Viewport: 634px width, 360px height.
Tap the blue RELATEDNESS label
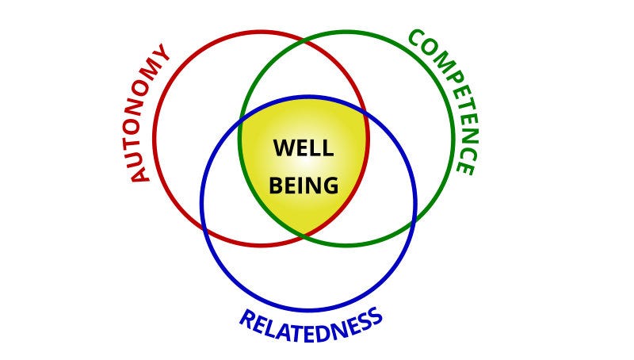pyautogui.click(x=311, y=322)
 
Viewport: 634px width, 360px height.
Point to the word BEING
pyautogui.click(x=304, y=186)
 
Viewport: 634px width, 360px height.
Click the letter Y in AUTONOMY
pyautogui.click(x=163, y=55)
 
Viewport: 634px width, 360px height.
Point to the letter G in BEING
pyautogui.click(x=330, y=186)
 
